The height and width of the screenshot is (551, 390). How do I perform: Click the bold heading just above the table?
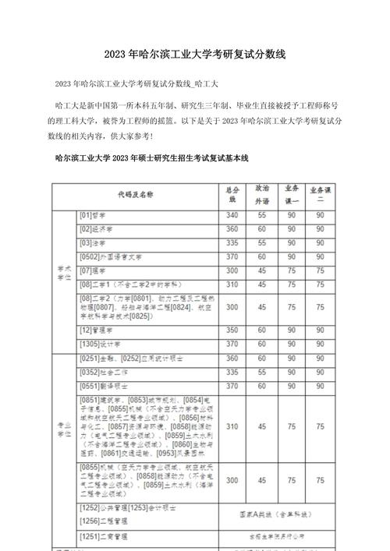point(151,158)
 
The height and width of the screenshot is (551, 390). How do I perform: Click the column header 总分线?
point(232,193)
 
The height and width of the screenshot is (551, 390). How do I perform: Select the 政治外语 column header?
point(262,193)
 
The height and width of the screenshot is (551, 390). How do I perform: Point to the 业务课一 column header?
point(292,193)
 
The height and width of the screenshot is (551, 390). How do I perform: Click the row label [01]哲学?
point(92,214)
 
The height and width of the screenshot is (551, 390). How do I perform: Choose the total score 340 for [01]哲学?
point(232,214)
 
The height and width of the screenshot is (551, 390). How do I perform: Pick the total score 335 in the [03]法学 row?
point(232,242)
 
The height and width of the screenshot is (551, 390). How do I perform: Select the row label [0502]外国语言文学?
point(109,256)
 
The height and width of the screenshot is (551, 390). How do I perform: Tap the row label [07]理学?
point(92,270)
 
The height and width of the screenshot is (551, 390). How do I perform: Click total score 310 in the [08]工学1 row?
point(232,284)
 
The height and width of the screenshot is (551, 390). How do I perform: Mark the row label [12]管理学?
point(96,330)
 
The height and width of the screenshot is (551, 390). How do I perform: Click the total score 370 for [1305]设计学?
point(232,344)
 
